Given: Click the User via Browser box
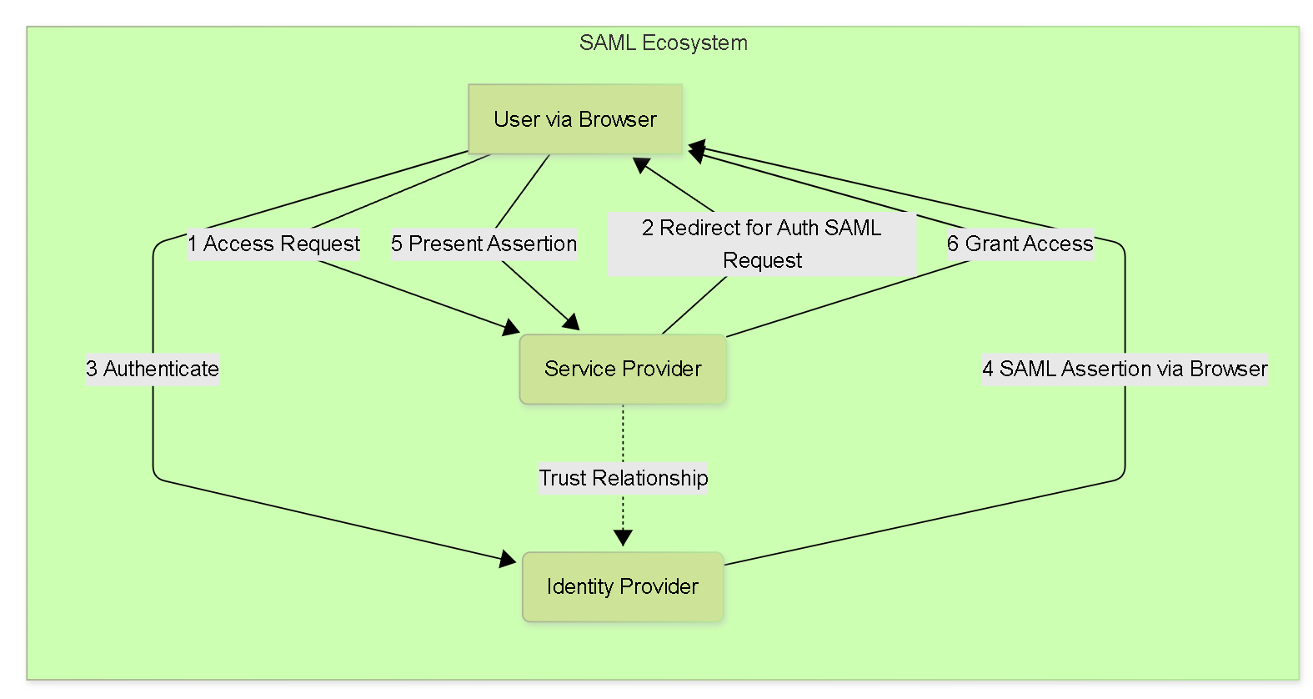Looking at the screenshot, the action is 575,119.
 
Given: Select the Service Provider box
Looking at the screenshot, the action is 623,369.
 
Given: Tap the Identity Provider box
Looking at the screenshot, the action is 623,586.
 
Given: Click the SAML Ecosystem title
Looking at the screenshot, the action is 663,43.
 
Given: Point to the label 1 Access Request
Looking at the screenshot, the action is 273,244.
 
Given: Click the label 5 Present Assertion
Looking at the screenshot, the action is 484,244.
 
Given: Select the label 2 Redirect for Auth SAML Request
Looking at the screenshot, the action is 762,244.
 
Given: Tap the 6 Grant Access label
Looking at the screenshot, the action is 1020,244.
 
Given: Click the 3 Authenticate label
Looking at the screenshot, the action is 153,369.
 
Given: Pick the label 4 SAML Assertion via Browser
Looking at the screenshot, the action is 1125,369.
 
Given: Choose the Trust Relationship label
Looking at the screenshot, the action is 623,478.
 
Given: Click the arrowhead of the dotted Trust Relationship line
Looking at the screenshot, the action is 623,538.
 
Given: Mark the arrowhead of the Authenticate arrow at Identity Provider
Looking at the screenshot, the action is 508,560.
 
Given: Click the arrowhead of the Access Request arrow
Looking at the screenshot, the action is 511,328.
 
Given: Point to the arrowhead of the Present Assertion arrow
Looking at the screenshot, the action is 572,322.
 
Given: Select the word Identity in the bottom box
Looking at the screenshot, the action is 579,586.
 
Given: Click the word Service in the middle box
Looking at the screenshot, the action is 580,369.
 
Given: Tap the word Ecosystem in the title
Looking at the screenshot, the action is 694,43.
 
